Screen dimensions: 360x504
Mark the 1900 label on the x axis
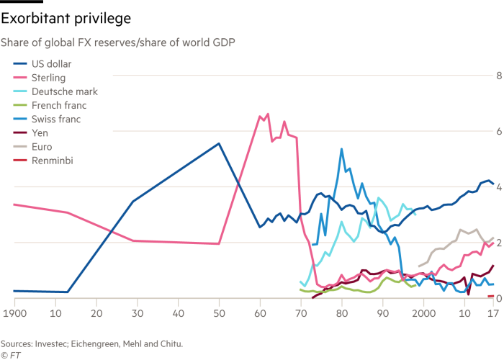coord(14,315)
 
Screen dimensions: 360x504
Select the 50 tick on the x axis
coord(219,315)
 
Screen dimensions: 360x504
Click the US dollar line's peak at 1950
coord(219,143)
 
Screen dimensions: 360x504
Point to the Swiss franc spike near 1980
coord(341,149)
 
